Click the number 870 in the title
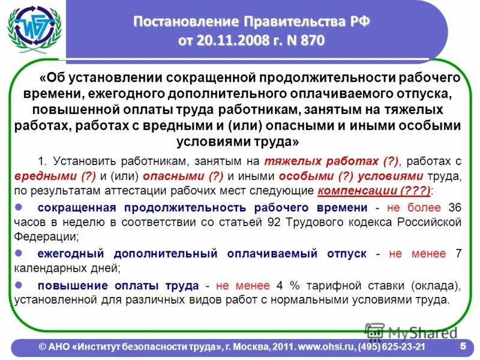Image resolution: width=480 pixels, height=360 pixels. click(310, 41)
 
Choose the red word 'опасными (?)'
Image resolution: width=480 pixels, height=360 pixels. click(190, 176)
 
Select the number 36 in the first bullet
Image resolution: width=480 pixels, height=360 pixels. click(455, 208)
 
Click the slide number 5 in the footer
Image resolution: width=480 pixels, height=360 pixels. click(463, 346)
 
